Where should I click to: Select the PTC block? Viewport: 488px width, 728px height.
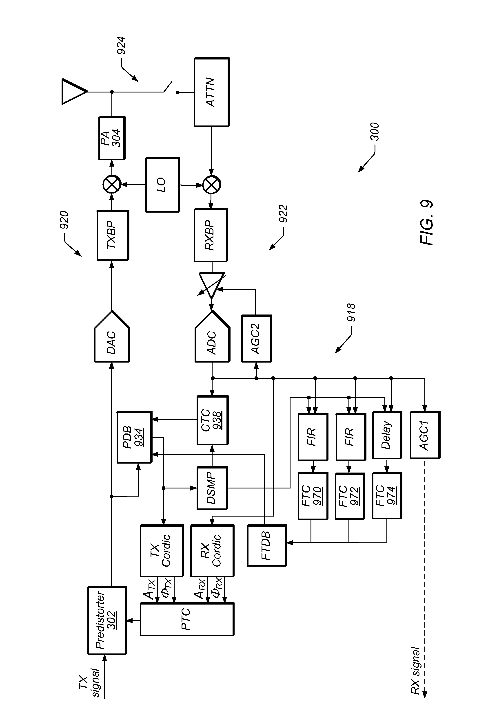point(186,619)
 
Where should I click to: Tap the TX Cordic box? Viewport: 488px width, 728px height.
point(161,550)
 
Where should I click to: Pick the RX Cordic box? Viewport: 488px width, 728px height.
point(212,550)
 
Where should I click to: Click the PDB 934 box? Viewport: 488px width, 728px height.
point(134,437)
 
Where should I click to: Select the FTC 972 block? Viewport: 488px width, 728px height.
point(350,496)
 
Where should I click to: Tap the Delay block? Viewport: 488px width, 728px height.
point(387,435)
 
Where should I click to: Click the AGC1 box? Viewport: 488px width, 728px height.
point(425,435)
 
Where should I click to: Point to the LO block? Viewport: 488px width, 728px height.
point(162,185)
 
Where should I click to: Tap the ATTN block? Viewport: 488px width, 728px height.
point(212,92)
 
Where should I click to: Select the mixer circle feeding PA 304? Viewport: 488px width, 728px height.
point(112,184)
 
